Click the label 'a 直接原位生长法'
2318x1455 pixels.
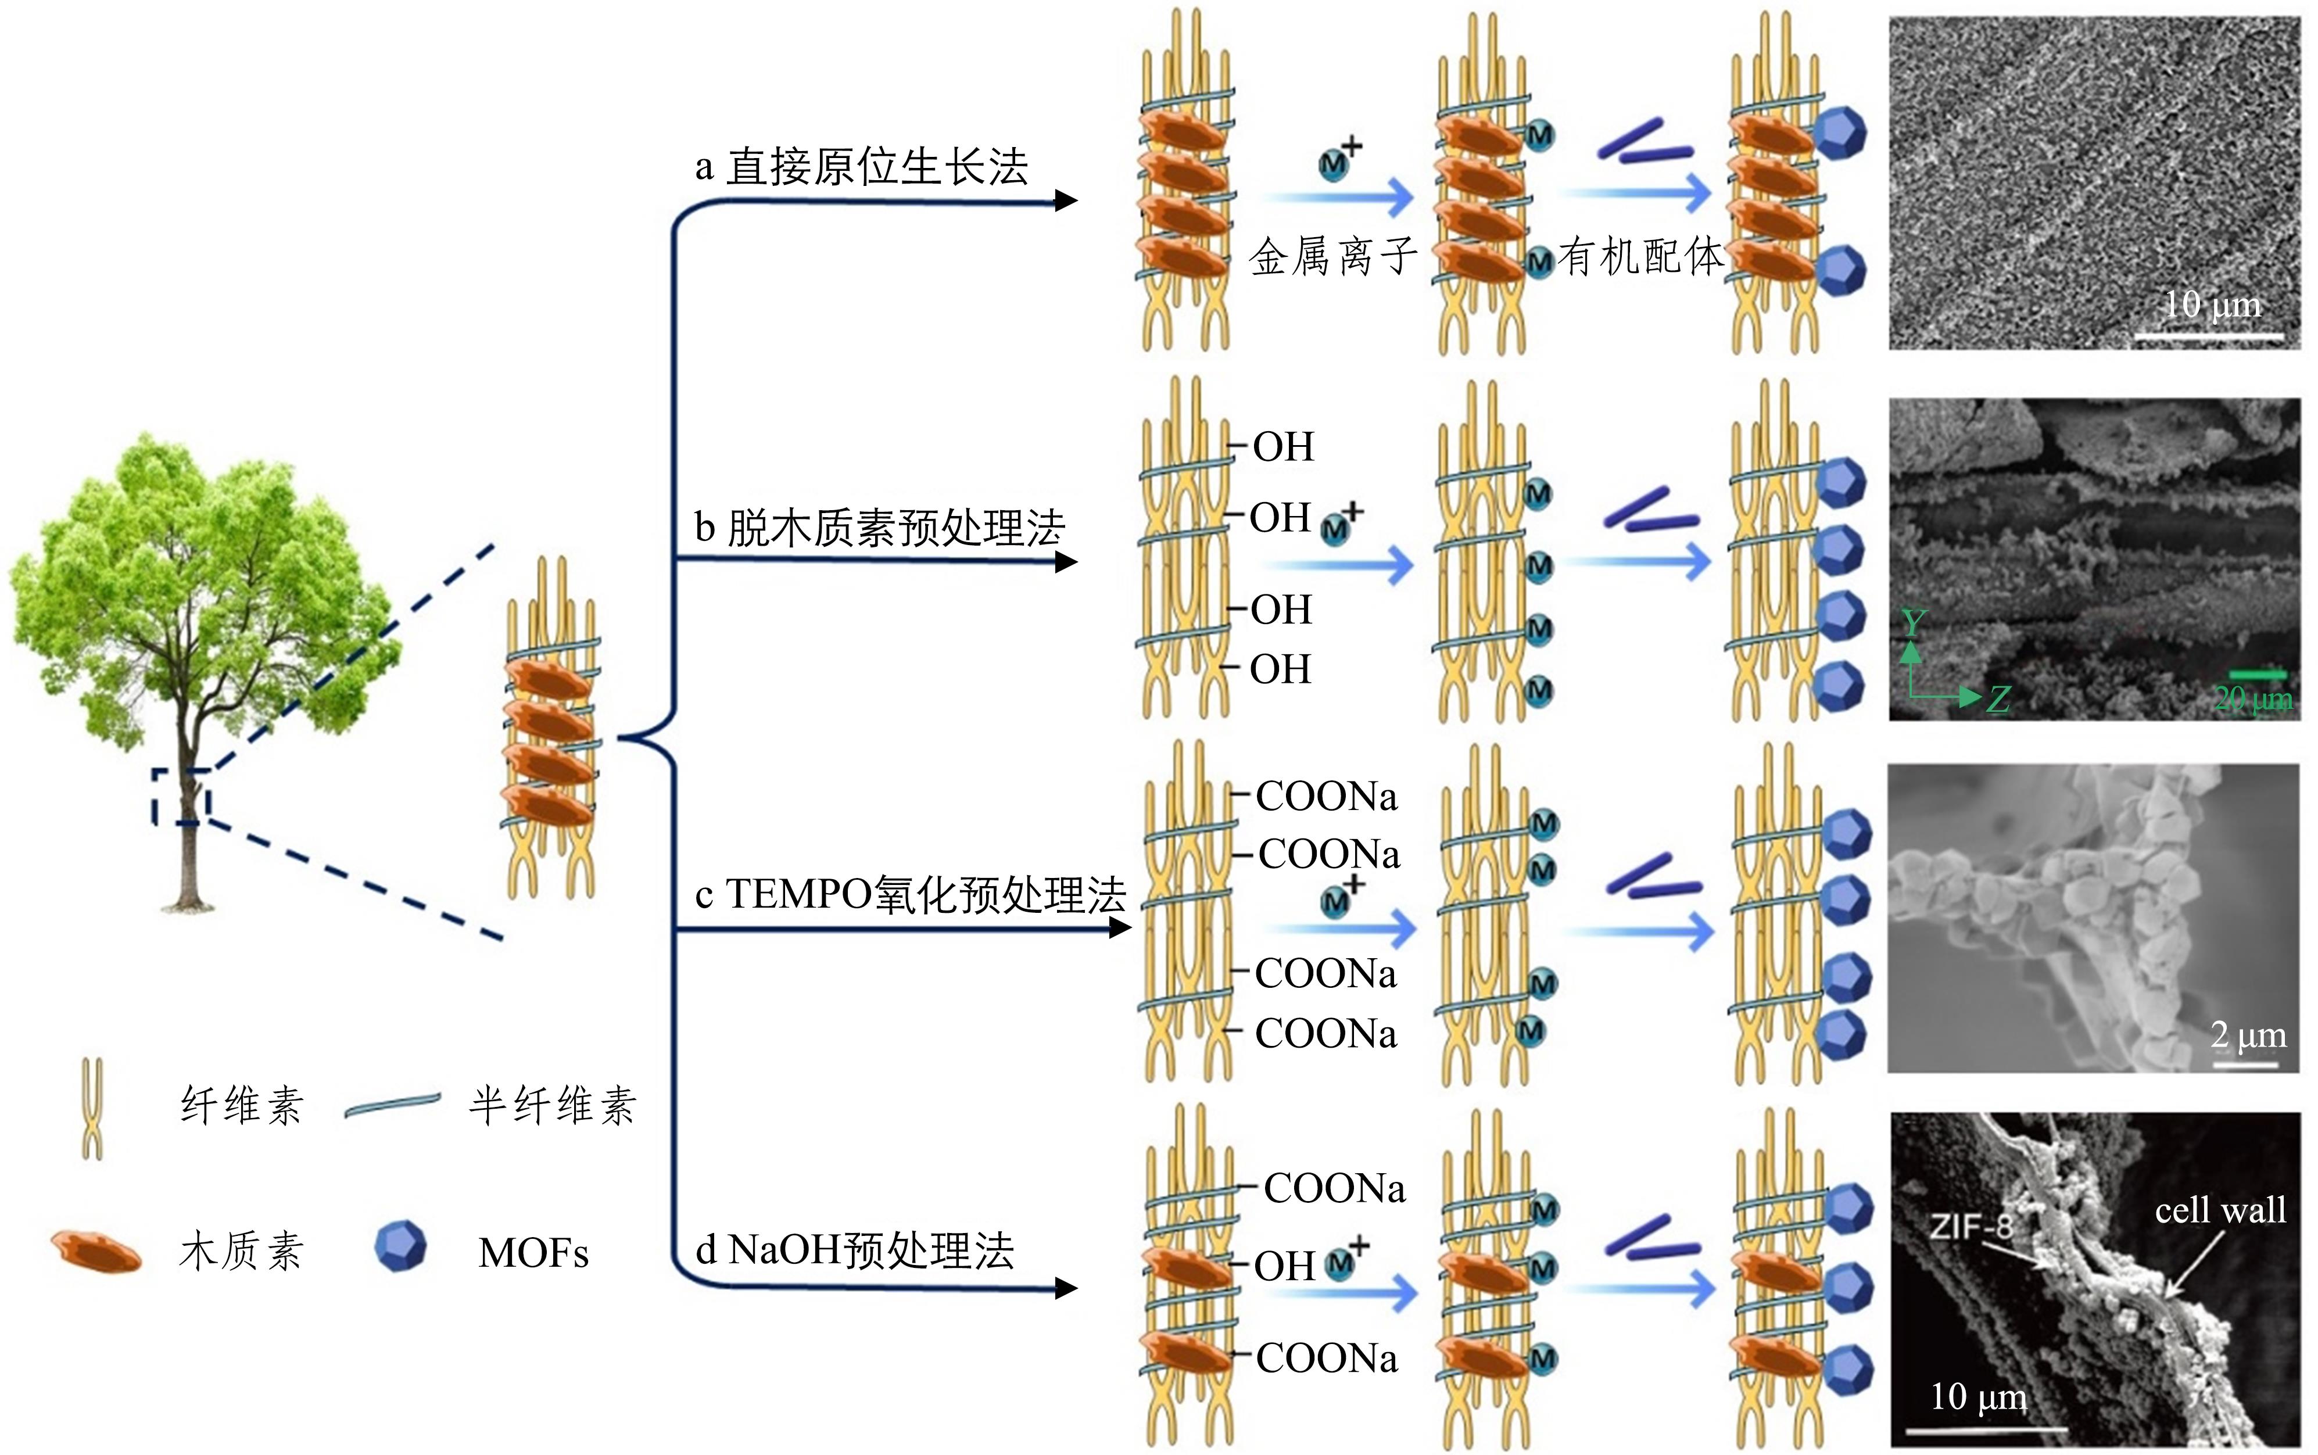[x=861, y=167]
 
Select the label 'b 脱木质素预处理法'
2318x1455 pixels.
[x=879, y=528]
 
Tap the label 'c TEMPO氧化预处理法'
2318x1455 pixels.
[x=910, y=894]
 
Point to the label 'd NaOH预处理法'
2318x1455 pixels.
[x=854, y=1250]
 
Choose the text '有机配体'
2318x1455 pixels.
[x=1640, y=257]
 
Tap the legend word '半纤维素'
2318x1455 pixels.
[x=552, y=1106]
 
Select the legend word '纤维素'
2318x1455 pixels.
[x=242, y=1106]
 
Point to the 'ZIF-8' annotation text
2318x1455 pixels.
[x=1971, y=1226]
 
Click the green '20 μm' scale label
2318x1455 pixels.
[x=2252, y=698]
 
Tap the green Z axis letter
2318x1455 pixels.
[x=1998, y=700]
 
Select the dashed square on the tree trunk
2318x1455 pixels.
[x=181, y=797]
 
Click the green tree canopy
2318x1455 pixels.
[x=202, y=578]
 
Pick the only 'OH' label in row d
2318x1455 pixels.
[x=1284, y=1266]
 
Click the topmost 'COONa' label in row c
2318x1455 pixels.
[x=1326, y=797]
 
